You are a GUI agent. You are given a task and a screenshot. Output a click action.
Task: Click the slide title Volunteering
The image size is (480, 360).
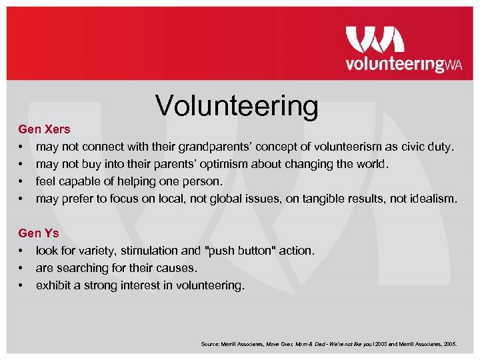(x=237, y=105)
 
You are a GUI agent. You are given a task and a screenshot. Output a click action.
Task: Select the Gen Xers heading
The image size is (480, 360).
(x=44, y=129)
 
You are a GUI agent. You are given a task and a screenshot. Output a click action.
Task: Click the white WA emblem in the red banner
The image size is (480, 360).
(x=375, y=39)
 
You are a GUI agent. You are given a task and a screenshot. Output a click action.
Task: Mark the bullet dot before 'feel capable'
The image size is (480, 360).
(x=22, y=181)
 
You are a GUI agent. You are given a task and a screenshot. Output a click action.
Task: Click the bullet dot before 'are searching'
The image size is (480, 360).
(x=22, y=269)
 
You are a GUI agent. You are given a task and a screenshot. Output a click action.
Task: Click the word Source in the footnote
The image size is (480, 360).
(x=209, y=344)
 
